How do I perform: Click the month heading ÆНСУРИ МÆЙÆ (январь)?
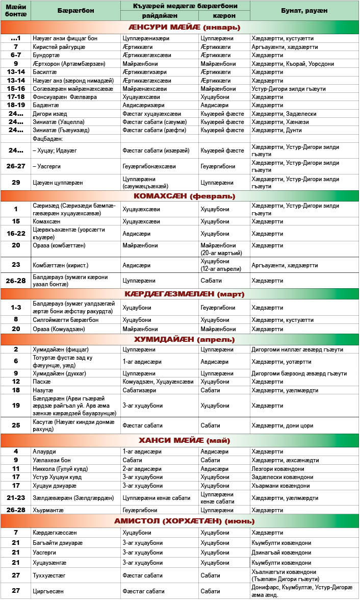(179, 27)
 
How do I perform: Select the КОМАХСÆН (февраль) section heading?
(179, 196)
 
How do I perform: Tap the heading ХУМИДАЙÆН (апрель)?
(179, 339)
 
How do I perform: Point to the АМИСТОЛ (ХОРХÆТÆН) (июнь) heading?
(179, 521)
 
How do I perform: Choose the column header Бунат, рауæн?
(304, 10)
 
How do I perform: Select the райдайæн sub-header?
(159, 15)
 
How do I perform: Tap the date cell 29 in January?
(16, 182)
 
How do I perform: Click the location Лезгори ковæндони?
(278, 469)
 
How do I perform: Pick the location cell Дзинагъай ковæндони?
(281, 552)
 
